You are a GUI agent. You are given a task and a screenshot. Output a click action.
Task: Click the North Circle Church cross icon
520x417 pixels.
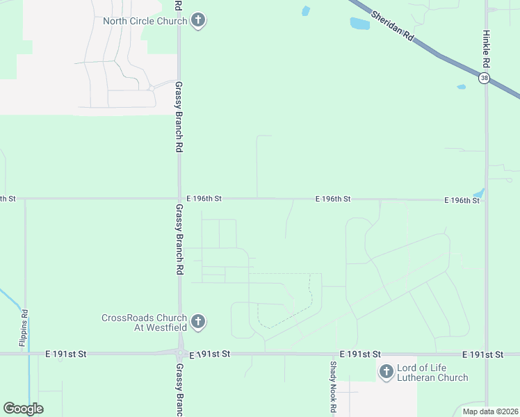[198, 21]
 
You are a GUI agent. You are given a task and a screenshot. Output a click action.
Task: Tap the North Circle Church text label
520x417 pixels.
[145, 21]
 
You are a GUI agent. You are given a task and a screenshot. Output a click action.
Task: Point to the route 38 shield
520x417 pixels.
[484, 79]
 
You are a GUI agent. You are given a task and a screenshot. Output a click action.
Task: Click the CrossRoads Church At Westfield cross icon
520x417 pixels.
[198, 322]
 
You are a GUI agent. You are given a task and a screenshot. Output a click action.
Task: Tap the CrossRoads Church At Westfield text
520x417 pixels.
[144, 322]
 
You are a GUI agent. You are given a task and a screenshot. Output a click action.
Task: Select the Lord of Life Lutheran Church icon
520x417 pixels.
[386, 373]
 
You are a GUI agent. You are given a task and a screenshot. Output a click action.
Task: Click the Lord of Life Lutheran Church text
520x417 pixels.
[432, 373]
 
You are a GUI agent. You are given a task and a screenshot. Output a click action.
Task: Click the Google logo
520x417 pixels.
[23, 409]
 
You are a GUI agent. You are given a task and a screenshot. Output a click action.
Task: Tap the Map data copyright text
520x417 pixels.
[489, 411]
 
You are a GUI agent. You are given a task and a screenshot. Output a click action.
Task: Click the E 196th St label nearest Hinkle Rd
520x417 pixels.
[462, 200]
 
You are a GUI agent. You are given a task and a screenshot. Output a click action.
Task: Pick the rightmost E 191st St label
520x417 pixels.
[482, 354]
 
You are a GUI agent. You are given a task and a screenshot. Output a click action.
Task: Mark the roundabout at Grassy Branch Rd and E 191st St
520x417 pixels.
[179, 353]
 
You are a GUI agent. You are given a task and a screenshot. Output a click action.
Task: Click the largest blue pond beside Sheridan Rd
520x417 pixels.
[359, 24]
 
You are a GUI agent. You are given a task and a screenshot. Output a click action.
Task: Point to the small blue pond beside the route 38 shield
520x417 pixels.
[461, 87]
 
